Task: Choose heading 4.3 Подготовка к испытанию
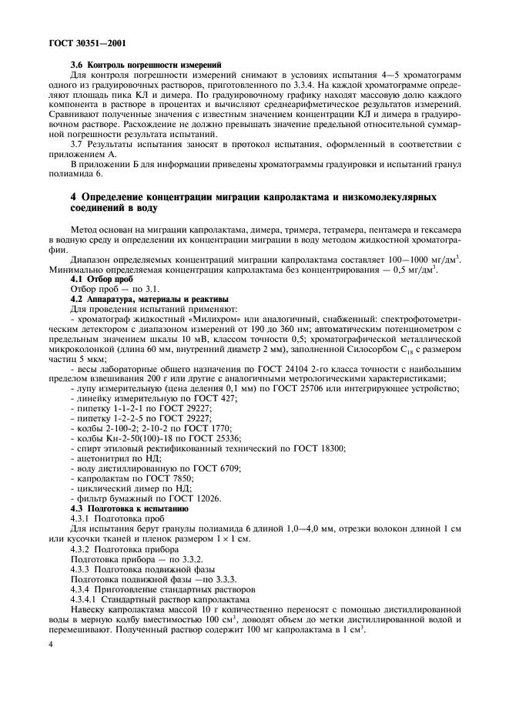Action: pyautogui.click(x=129, y=508)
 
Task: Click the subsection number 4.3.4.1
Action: pyautogui.click(x=87, y=599)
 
